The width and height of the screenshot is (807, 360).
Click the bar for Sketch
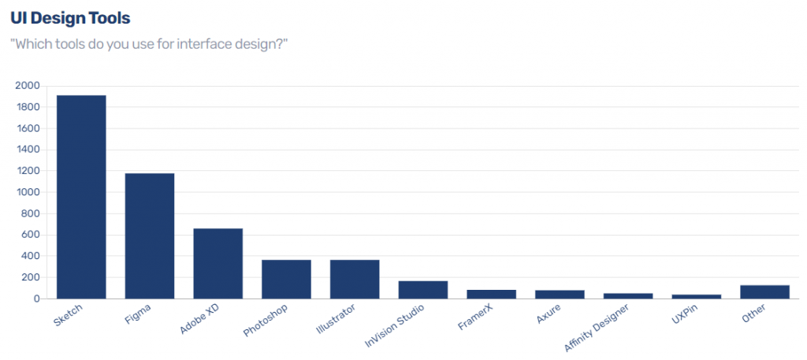(81, 197)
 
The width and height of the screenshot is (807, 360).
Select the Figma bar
(150, 236)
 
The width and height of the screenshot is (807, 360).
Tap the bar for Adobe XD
(218, 263)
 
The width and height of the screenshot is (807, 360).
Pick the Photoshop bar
(286, 279)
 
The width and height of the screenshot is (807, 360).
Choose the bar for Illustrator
(355, 279)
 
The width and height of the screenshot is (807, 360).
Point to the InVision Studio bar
(423, 289)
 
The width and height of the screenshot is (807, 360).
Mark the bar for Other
(764, 291)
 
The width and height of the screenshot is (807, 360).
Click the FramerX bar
(491, 294)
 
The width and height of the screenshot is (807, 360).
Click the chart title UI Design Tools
(70, 17)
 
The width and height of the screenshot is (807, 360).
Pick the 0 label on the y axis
(37, 299)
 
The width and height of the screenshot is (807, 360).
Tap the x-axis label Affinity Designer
(597, 331)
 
